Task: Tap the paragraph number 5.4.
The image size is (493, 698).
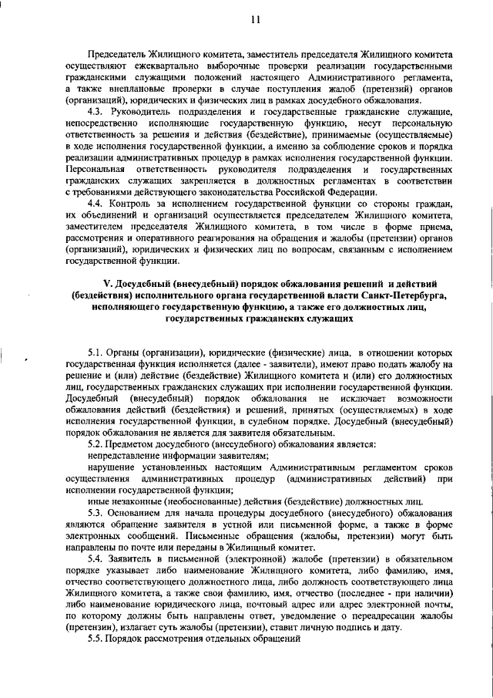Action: tap(96, 558)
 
